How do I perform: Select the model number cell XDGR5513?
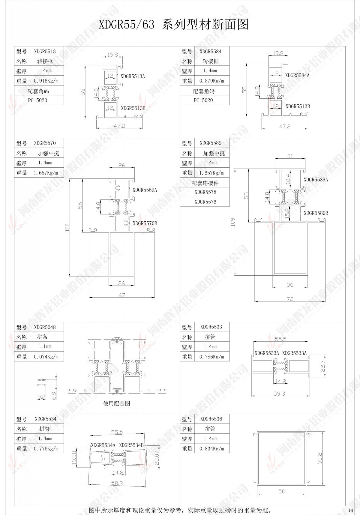pos(45,51)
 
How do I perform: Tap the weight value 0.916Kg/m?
pos(46,81)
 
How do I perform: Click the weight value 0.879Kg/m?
pos(211,81)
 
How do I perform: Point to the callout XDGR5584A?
pos(297,75)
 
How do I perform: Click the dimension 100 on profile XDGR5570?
pos(67,227)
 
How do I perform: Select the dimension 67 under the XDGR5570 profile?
pos(121,295)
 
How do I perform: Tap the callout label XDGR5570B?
pos(145,223)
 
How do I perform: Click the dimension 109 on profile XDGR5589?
pos(233,222)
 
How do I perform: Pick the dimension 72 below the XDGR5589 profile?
pos(290,299)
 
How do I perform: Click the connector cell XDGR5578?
pos(205,192)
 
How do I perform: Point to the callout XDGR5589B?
pos(316,213)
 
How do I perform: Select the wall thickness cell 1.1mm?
pos(44,346)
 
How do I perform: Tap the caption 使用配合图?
pos(117,403)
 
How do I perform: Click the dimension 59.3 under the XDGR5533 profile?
pos(279,393)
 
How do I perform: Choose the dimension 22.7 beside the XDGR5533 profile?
pos(323,366)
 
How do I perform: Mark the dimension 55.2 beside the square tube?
pos(320,458)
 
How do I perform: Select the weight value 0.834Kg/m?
pos(211,449)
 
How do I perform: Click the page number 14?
pos(351,510)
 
